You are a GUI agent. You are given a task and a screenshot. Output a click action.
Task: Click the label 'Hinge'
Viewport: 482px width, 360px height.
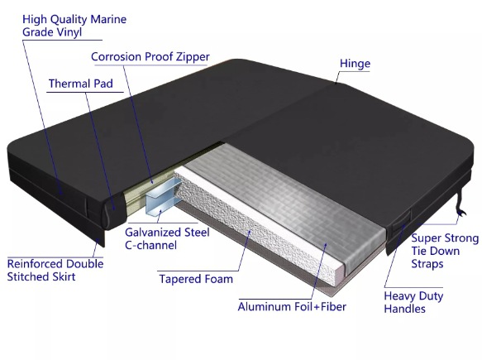coord(355,64)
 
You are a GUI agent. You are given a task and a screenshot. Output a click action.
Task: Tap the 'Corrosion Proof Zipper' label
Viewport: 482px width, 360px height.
coord(150,57)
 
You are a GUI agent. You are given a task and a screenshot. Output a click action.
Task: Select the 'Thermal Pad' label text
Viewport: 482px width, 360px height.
coord(81,84)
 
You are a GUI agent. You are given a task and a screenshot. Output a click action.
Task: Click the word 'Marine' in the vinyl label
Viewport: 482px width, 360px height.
coord(108,19)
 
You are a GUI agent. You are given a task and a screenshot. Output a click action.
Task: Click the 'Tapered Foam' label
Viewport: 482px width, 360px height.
coord(196,279)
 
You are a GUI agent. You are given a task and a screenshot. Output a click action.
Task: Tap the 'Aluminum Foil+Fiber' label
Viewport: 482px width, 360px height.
coord(292,307)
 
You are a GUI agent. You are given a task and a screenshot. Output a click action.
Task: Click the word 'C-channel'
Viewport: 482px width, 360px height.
coord(150,245)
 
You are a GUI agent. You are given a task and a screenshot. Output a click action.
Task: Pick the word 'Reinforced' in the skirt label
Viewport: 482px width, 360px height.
coord(36,264)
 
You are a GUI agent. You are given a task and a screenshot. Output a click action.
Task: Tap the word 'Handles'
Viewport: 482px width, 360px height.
coord(405,309)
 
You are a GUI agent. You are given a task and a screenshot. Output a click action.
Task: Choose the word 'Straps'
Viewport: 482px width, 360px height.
coord(427,264)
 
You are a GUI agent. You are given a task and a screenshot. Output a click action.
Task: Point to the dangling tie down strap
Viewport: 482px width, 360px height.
coord(461,203)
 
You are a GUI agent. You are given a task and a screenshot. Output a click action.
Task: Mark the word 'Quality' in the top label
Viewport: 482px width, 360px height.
coord(69,20)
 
